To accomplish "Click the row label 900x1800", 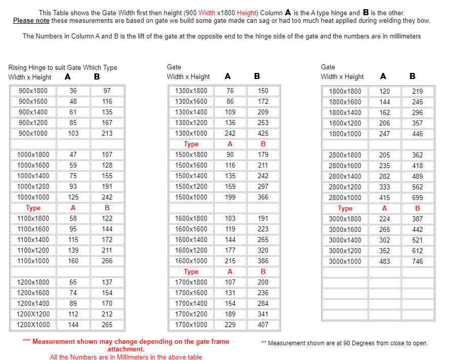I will pos(33,91).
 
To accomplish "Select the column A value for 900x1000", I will pos(73,134).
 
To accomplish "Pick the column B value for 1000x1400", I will pos(107,176).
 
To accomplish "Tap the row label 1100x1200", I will pos(33,251).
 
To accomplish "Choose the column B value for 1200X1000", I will pos(107,325).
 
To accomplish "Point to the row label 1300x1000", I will pos(191,134).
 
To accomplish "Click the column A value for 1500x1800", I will pos(230,155).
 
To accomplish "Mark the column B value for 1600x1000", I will pos(263,261).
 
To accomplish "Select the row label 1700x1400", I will pos(191,304).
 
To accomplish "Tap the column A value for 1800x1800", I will pos(384,92).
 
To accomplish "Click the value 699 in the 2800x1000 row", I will pos(417,198).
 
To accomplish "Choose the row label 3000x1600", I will pos(345,230).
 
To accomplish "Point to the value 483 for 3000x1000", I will pos(384,262).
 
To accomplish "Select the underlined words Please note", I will pos(31,21).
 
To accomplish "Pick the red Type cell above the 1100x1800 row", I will pos(33,208).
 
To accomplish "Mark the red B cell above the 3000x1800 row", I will pos(417,209).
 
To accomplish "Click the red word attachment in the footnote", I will pos(126,349).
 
